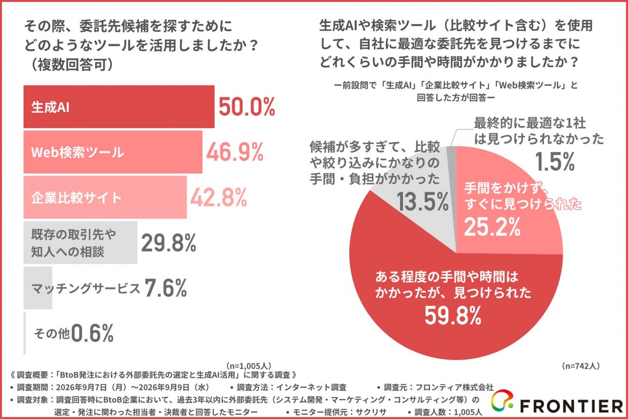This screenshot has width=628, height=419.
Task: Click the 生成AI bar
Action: (119, 107)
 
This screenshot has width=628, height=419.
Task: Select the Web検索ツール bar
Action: (113, 152)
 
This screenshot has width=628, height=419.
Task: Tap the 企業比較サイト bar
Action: (105, 197)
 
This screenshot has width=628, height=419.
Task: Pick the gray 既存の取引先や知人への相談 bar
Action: (81, 243)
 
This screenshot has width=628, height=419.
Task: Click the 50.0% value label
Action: (247, 107)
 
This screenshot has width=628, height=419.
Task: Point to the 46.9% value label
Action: (235, 152)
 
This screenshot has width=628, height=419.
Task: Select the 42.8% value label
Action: (219, 197)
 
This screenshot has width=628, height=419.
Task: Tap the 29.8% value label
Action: (169, 243)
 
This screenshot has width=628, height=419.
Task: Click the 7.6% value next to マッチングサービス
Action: (166, 288)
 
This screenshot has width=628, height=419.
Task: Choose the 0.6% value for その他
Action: (93, 333)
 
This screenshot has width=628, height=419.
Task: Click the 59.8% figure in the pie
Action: (453, 316)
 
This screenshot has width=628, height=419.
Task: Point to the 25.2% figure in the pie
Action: (492, 227)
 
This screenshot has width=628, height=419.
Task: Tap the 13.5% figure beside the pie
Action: (423, 202)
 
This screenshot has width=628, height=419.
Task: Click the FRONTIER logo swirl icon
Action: (502, 400)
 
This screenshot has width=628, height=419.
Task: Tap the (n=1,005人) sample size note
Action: (249, 366)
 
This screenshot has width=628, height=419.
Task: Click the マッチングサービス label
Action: (86, 289)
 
